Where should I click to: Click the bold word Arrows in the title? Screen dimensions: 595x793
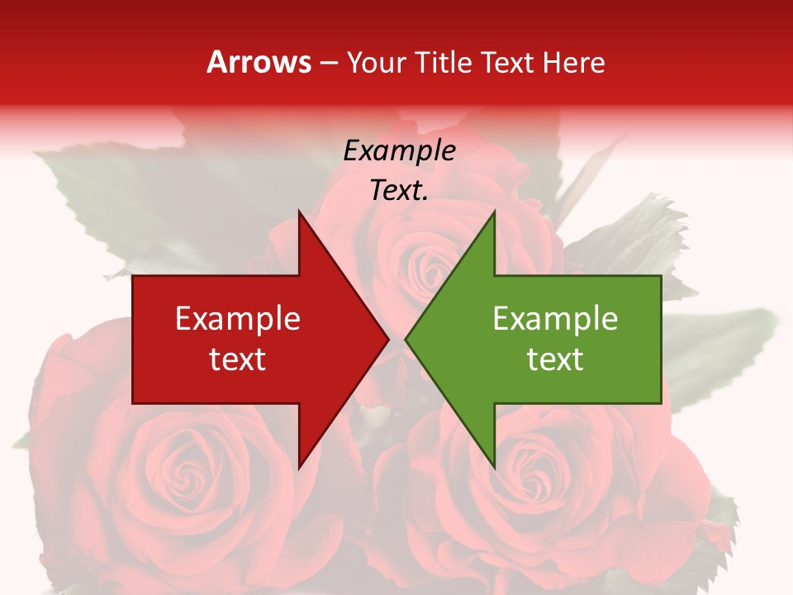(x=259, y=62)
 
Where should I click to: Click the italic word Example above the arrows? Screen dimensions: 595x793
(x=399, y=150)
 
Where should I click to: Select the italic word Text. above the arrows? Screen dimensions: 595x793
(x=399, y=190)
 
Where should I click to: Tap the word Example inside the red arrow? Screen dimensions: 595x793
(x=238, y=319)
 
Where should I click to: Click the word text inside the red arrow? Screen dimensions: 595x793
(x=238, y=359)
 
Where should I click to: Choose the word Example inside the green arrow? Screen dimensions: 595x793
(x=555, y=319)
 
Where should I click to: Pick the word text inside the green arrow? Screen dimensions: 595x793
(x=555, y=359)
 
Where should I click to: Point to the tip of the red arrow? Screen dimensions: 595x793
(x=388, y=339)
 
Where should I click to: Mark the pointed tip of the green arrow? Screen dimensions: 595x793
(x=406, y=339)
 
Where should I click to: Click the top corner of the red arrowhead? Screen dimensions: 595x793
(x=299, y=212)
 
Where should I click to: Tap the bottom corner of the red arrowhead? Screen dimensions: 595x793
(x=299, y=468)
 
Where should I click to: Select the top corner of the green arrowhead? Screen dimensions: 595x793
(x=494, y=212)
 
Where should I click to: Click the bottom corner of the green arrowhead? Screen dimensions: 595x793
(x=494, y=468)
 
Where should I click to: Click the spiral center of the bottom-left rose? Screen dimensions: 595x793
(x=183, y=474)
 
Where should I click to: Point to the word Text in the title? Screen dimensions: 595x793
(x=507, y=62)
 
